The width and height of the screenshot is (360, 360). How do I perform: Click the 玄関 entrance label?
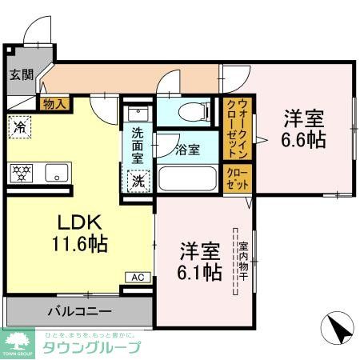[22, 75]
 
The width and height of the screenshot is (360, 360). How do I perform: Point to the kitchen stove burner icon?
[21, 172]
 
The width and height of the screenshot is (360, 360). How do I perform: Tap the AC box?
[138, 277]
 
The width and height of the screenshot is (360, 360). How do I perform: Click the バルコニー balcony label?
[79, 310]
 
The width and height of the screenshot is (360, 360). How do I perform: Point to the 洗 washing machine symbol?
[138, 180]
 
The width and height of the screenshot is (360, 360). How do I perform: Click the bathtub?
[187, 178]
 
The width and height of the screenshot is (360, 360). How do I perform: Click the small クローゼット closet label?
[237, 177]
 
